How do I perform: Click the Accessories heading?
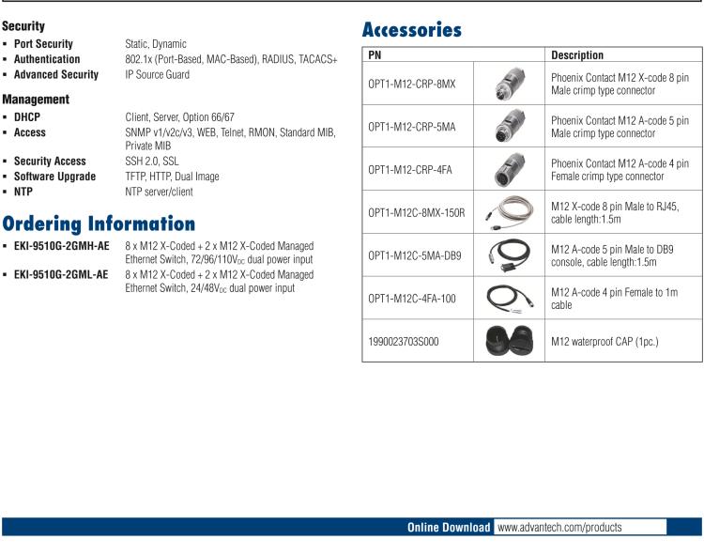click(x=412, y=30)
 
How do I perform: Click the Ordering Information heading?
click(x=99, y=224)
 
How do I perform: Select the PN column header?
click(x=375, y=55)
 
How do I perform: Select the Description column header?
click(x=577, y=55)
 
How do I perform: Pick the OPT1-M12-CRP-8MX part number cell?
click(x=412, y=84)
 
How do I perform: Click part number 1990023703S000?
click(x=404, y=342)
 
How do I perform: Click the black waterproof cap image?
click(x=509, y=342)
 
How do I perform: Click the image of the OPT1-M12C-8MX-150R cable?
click(x=509, y=213)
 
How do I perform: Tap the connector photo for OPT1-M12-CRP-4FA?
click(x=509, y=170)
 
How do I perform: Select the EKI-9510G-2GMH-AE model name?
click(x=61, y=247)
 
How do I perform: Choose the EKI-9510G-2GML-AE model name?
click(x=61, y=275)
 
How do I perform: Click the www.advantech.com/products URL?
click(x=559, y=528)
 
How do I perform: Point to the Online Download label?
click(x=448, y=528)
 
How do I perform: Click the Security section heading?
click(x=23, y=27)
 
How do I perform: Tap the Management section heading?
click(x=36, y=100)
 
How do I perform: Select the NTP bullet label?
click(x=23, y=192)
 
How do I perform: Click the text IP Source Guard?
click(x=157, y=75)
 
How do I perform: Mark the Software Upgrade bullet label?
click(x=54, y=177)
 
